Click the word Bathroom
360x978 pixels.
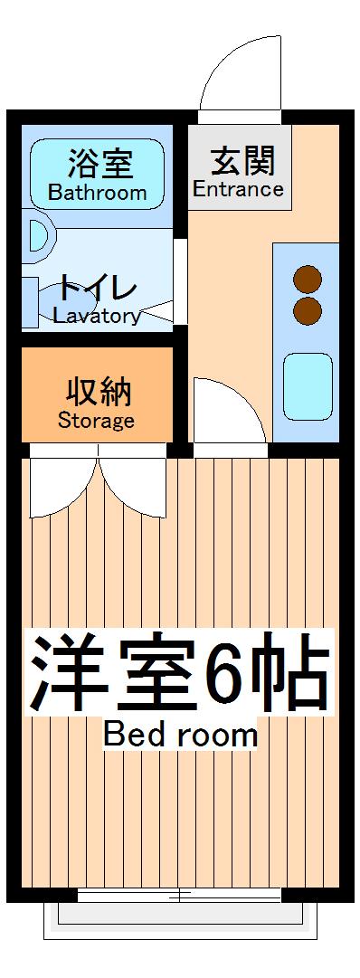97,193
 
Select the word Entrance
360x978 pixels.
239,189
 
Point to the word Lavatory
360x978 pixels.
97,317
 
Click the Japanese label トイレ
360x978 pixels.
98,290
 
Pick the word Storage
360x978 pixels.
96,421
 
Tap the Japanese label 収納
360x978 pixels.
98,394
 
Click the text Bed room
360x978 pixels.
181,735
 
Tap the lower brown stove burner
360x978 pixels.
308,310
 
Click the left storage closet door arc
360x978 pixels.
59,489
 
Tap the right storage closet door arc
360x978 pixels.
136,489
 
